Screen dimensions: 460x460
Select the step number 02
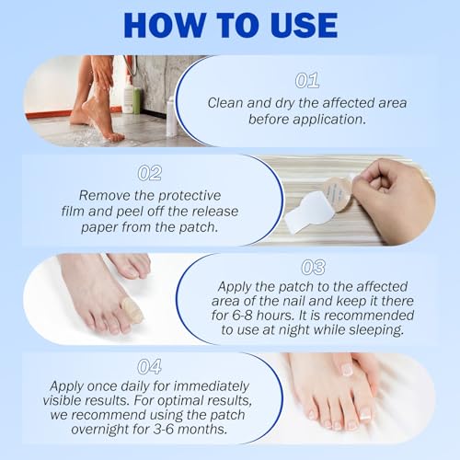[x=149, y=173]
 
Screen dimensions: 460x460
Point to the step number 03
[x=314, y=267]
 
